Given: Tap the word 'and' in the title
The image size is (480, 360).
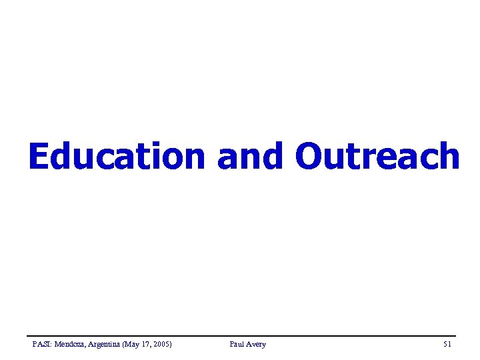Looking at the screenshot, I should pos(250,157).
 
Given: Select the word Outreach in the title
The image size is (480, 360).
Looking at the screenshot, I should pos(377,157).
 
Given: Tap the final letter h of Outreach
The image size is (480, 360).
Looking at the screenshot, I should pos(448,157).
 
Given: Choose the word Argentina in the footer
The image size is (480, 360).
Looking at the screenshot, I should pos(107,345).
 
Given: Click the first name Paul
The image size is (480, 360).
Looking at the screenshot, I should pos(236,345).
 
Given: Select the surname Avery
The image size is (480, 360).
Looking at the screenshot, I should pos(255,345).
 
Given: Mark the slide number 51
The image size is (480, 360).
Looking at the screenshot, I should pos(447,345).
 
